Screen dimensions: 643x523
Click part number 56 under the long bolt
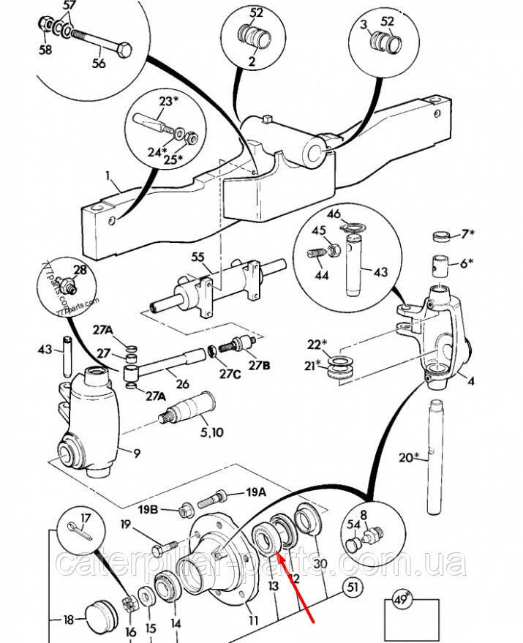(99, 64)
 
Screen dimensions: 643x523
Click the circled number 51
(353, 586)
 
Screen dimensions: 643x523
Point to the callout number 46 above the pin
(334, 214)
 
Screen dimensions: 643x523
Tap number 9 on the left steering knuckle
(136, 454)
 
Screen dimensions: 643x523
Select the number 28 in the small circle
(80, 270)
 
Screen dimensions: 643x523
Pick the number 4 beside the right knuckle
(471, 380)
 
